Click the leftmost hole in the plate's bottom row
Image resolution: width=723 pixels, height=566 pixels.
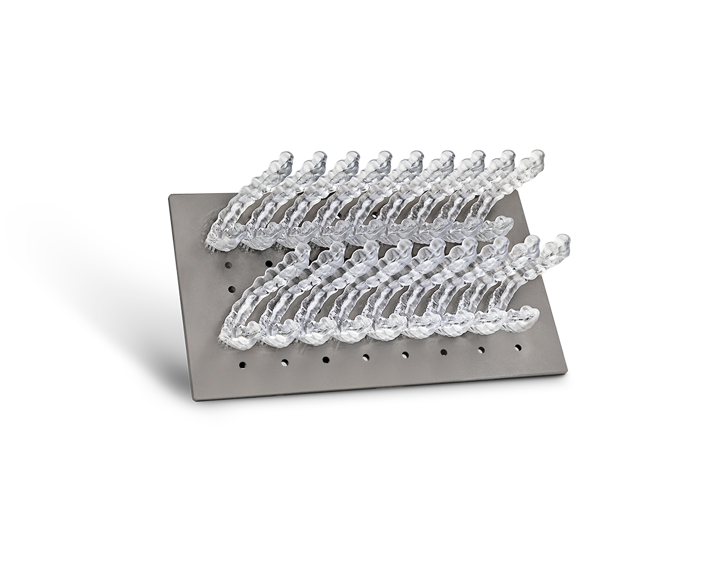[x=242, y=364]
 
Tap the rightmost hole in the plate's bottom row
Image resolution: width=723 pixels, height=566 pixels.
[x=518, y=348]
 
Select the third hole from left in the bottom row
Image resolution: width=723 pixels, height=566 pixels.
[x=325, y=359]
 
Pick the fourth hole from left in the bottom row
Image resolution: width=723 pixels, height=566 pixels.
[x=366, y=357]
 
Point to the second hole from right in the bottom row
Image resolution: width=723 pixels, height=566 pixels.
[x=481, y=350]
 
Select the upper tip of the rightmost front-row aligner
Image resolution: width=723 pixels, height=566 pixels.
[x=562, y=240]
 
